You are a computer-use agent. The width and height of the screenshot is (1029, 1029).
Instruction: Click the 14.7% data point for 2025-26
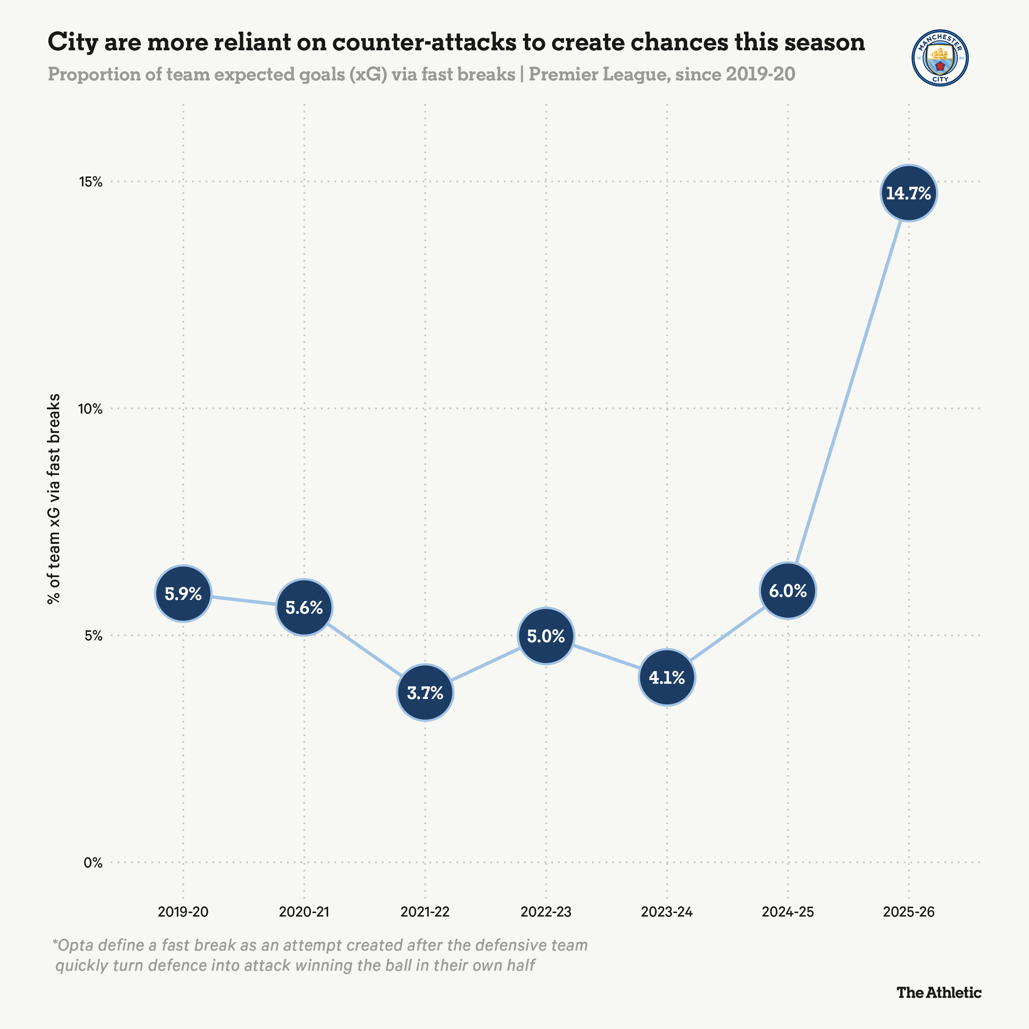tap(908, 193)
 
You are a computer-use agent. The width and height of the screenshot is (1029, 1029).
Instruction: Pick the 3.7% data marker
tap(425, 692)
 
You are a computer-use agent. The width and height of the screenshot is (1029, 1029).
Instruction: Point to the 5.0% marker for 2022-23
tap(546, 636)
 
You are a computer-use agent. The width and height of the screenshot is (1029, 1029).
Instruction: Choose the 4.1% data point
tap(667, 678)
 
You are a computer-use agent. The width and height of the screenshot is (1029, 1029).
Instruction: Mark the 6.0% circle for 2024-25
tap(788, 591)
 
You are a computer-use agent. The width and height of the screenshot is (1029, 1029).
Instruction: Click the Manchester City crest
tap(940, 58)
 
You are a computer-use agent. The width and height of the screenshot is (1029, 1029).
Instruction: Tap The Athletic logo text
tap(938, 992)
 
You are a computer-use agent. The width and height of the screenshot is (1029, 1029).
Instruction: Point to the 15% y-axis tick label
tap(91, 182)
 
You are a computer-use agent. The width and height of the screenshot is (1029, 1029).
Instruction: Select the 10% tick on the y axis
tap(91, 409)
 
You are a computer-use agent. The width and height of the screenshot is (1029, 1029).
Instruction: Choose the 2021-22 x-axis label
tap(425, 912)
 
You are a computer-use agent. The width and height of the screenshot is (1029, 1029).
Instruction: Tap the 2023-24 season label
tap(667, 912)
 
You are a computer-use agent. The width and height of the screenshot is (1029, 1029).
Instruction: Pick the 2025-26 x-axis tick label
tap(908, 912)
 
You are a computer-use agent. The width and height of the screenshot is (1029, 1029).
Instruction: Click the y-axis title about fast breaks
tap(53, 499)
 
